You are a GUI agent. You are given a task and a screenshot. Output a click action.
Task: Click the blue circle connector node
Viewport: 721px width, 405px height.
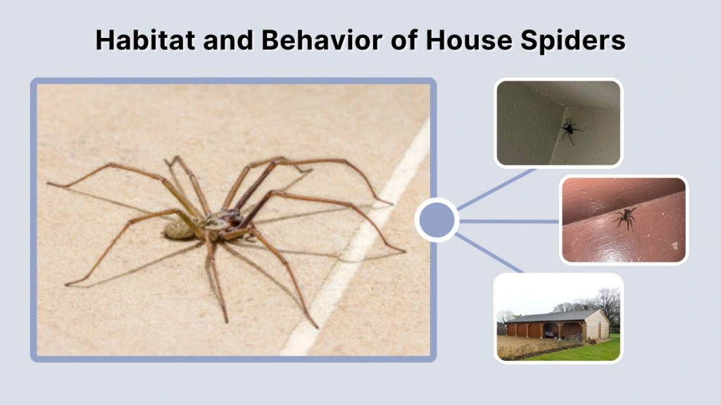[437, 220]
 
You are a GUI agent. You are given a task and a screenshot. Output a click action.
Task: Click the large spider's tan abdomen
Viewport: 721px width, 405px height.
[179, 229]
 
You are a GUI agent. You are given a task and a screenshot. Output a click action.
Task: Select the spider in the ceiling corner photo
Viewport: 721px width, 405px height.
[570, 129]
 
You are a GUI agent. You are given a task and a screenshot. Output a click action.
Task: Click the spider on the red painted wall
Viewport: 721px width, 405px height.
[624, 219]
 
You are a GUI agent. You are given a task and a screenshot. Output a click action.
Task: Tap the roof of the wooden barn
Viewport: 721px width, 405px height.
[549, 317]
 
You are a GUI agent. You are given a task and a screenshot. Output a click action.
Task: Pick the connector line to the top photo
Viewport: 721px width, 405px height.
[496, 188]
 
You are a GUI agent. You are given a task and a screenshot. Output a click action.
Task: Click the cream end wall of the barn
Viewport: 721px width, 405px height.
[597, 327]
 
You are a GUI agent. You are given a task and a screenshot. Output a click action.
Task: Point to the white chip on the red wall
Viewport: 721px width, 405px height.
[673, 246]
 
